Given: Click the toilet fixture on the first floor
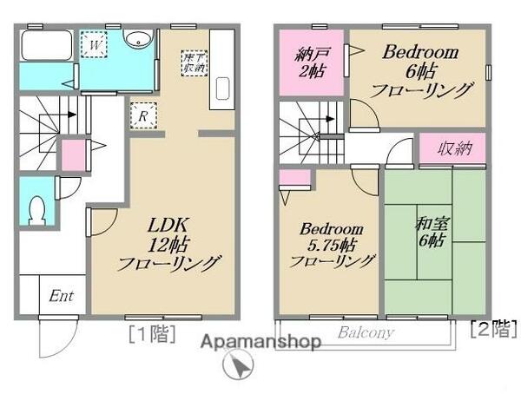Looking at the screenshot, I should tap(36, 207).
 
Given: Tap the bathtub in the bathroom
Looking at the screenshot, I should tap(47, 46).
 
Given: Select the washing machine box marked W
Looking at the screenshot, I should tap(95, 43).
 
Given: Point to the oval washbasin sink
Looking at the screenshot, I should tap(137, 39).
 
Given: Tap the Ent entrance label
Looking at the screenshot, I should tap(61, 296).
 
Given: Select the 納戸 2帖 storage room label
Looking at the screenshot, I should tap(311, 63).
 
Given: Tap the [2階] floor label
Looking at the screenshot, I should tap(492, 329).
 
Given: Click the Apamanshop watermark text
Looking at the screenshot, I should tap(261, 341).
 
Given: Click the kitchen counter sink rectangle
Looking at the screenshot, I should tap(220, 91).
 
